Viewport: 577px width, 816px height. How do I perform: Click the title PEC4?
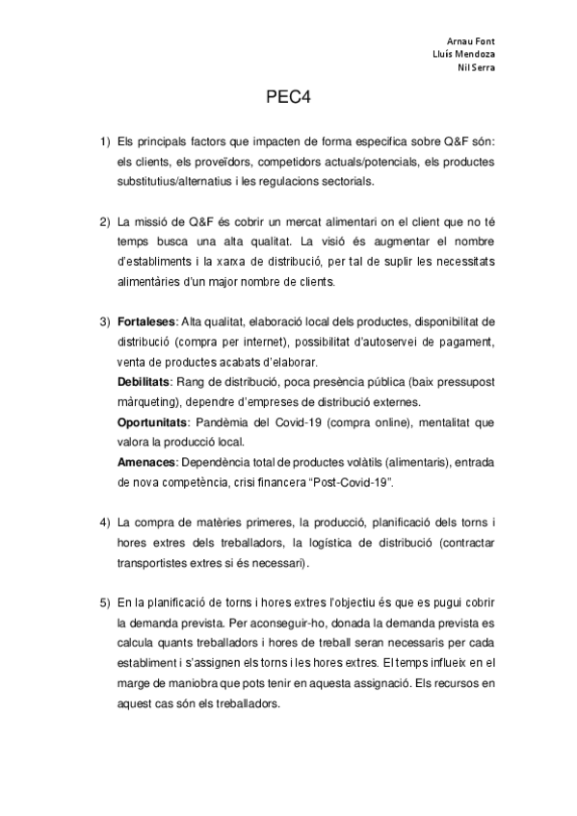coord(287,98)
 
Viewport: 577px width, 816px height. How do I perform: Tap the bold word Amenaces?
coord(144,463)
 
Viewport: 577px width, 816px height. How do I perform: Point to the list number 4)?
coord(105,523)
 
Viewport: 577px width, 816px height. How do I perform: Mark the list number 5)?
coord(105,602)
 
